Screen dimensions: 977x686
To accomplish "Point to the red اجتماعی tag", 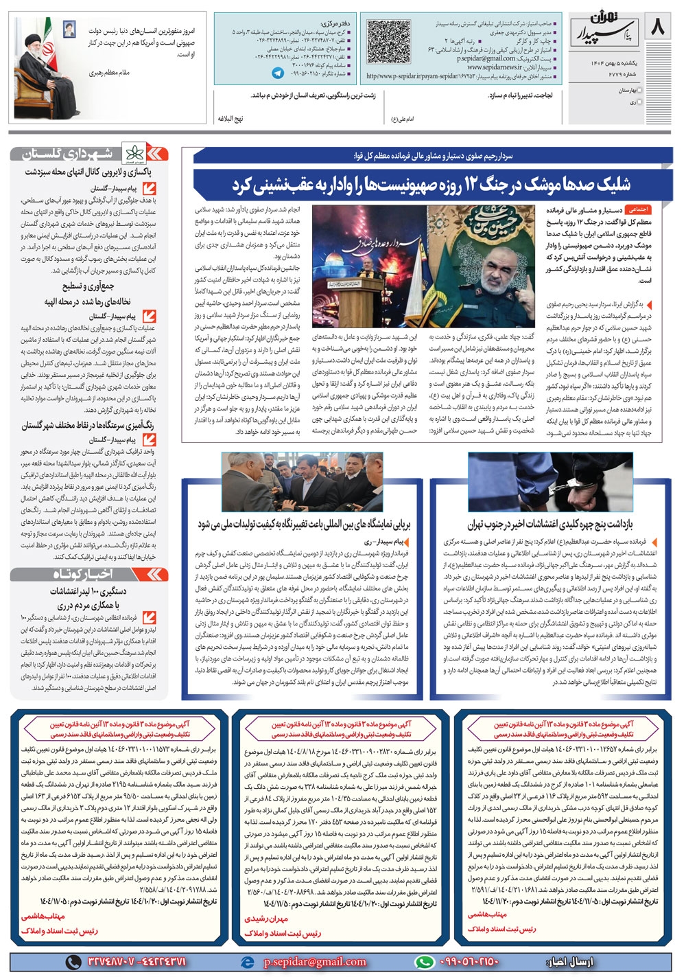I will [638, 209].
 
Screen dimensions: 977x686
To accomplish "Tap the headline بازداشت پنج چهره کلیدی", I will [550, 525].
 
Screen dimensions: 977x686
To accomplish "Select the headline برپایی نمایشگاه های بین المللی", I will [304, 525].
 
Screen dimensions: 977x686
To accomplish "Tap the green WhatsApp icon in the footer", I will [425, 962].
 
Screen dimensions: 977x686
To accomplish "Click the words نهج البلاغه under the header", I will [230, 119].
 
